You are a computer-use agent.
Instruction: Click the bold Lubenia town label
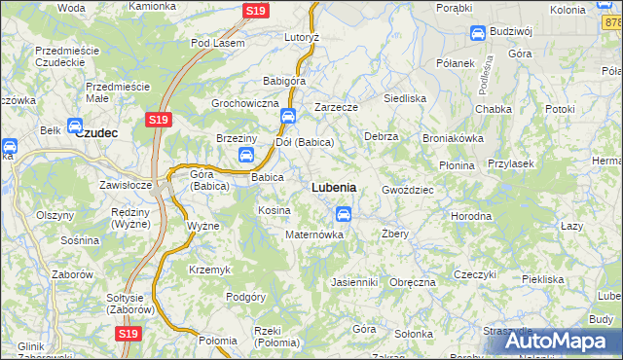(x=333, y=187)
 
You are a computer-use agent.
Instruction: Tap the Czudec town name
(x=96, y=133)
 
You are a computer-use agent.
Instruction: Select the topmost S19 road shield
(x=255, y=12)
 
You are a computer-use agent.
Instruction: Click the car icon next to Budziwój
(x=478, y=34)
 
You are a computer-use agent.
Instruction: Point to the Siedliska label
(x=405, y=98)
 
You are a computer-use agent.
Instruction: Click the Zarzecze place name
(x=337, y=107)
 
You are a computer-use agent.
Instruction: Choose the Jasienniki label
(x=353, y=282)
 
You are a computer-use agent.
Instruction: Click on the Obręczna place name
(x=413, y=282)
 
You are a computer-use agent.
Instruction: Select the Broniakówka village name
(x=453, y=138)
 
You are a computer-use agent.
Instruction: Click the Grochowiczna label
(x=245, y=103)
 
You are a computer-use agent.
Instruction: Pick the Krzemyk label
(x=209, y=269)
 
